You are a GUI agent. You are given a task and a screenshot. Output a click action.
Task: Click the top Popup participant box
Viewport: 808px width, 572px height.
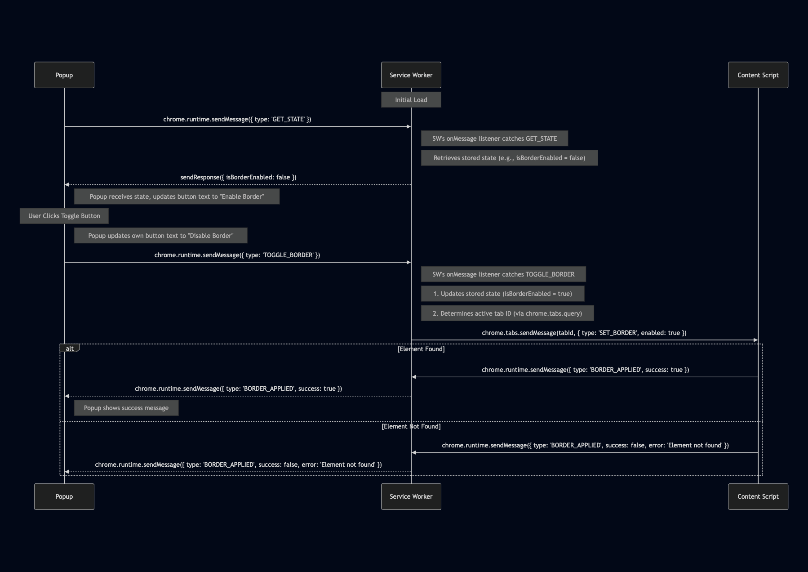click(64, 75)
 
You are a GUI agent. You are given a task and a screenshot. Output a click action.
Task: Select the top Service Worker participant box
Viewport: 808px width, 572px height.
click(411, 75)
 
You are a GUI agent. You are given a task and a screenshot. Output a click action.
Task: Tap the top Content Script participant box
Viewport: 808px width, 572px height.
click(758, 75)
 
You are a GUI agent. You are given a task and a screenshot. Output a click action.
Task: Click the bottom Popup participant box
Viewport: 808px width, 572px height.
click(64, 496)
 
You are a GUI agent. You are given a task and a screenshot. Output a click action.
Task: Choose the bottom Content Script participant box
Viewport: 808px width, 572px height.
click(758, 496)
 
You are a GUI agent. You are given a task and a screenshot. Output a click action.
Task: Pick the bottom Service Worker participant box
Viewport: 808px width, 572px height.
click(411, 496)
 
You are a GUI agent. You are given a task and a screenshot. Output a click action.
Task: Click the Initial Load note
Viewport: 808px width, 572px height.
click(411, 100)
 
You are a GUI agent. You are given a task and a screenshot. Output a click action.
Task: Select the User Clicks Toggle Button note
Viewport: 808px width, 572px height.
click(64, 216)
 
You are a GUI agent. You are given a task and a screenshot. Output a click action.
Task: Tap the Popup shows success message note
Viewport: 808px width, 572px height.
click(126, 408)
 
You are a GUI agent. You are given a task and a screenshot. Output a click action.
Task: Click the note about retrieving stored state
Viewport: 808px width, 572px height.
click(509, 158)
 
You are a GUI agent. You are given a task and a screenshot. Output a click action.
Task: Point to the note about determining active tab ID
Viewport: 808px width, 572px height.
click(507, 313)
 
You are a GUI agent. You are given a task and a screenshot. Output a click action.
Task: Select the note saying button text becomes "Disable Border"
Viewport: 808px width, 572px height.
click(160, 236)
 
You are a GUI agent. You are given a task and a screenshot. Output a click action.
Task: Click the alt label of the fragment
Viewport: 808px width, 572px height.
click(70, 349)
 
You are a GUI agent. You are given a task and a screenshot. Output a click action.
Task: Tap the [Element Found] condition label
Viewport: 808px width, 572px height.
click(421, 349)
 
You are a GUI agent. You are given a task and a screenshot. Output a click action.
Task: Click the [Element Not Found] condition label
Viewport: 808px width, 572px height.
click(411, 426)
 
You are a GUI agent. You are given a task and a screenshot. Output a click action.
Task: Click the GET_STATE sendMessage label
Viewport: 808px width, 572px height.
click(237, 119)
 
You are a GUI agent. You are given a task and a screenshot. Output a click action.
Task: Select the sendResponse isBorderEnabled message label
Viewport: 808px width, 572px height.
click(238, 177)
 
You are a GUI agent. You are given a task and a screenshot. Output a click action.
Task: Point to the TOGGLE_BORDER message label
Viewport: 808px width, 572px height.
click(237, 255)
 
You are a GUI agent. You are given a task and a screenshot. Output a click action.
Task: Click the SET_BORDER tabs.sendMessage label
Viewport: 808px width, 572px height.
click(584, 333)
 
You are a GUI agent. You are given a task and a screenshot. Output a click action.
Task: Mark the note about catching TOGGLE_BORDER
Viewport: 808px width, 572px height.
click(503, 274)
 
